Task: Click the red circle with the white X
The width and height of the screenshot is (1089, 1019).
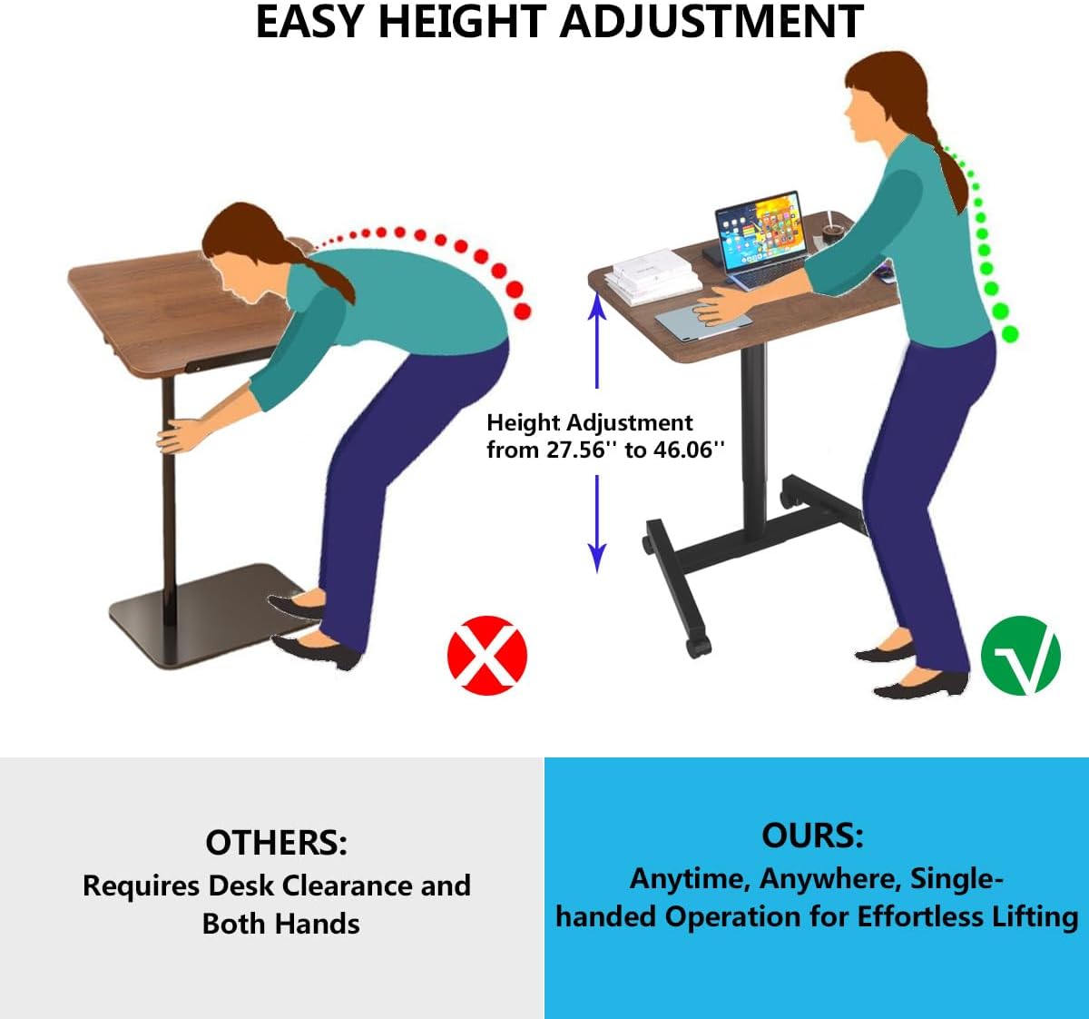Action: click(x=487, y=655)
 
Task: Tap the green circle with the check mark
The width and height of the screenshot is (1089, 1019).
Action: click(x=1021, y=655)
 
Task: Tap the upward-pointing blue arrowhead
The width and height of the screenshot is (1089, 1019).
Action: click(x=597, y=308)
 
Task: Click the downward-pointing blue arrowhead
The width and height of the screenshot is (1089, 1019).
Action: click(x=596, y=557)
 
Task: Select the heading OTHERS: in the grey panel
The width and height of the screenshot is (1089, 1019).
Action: click(x=276, y=843)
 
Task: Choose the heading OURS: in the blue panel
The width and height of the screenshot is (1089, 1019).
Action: click(x=812, y=835)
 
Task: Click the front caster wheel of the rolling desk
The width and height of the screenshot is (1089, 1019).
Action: click(x=697, y=644)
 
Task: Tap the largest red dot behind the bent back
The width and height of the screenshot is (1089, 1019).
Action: click(x=522, y=311)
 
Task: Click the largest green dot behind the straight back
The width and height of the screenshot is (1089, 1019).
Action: click(x=1009, y=334)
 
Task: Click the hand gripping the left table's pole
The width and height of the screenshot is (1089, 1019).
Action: click(x=179, y=436)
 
